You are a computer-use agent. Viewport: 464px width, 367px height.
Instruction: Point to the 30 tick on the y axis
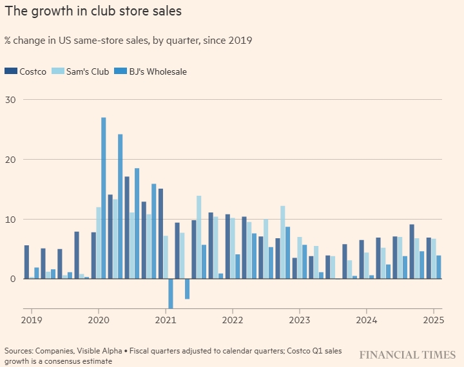point(11,100)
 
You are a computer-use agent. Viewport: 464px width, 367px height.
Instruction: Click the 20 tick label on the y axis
point(11,160)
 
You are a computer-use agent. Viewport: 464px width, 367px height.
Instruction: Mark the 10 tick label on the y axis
point(11,220)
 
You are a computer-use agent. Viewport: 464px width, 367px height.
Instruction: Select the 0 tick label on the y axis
point(14,279)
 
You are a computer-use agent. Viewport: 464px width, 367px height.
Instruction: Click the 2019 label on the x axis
point(31,319)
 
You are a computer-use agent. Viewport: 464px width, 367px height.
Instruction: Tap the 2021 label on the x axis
point(166,319)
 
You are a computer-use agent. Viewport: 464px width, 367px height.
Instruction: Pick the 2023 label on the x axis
point(300,319)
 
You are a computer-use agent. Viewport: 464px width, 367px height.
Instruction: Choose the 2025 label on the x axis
point(433,319)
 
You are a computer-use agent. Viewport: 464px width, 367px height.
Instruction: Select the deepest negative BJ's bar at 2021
point(171,294)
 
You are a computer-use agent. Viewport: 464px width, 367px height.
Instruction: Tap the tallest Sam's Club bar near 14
point(199,237)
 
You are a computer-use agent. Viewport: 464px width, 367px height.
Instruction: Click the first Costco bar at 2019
point(26,262)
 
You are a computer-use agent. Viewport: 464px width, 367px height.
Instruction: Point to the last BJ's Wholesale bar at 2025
point(439,267)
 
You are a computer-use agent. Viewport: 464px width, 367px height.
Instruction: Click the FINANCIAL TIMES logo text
point(407,355)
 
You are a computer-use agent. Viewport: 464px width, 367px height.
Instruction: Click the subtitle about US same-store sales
point(128,40)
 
